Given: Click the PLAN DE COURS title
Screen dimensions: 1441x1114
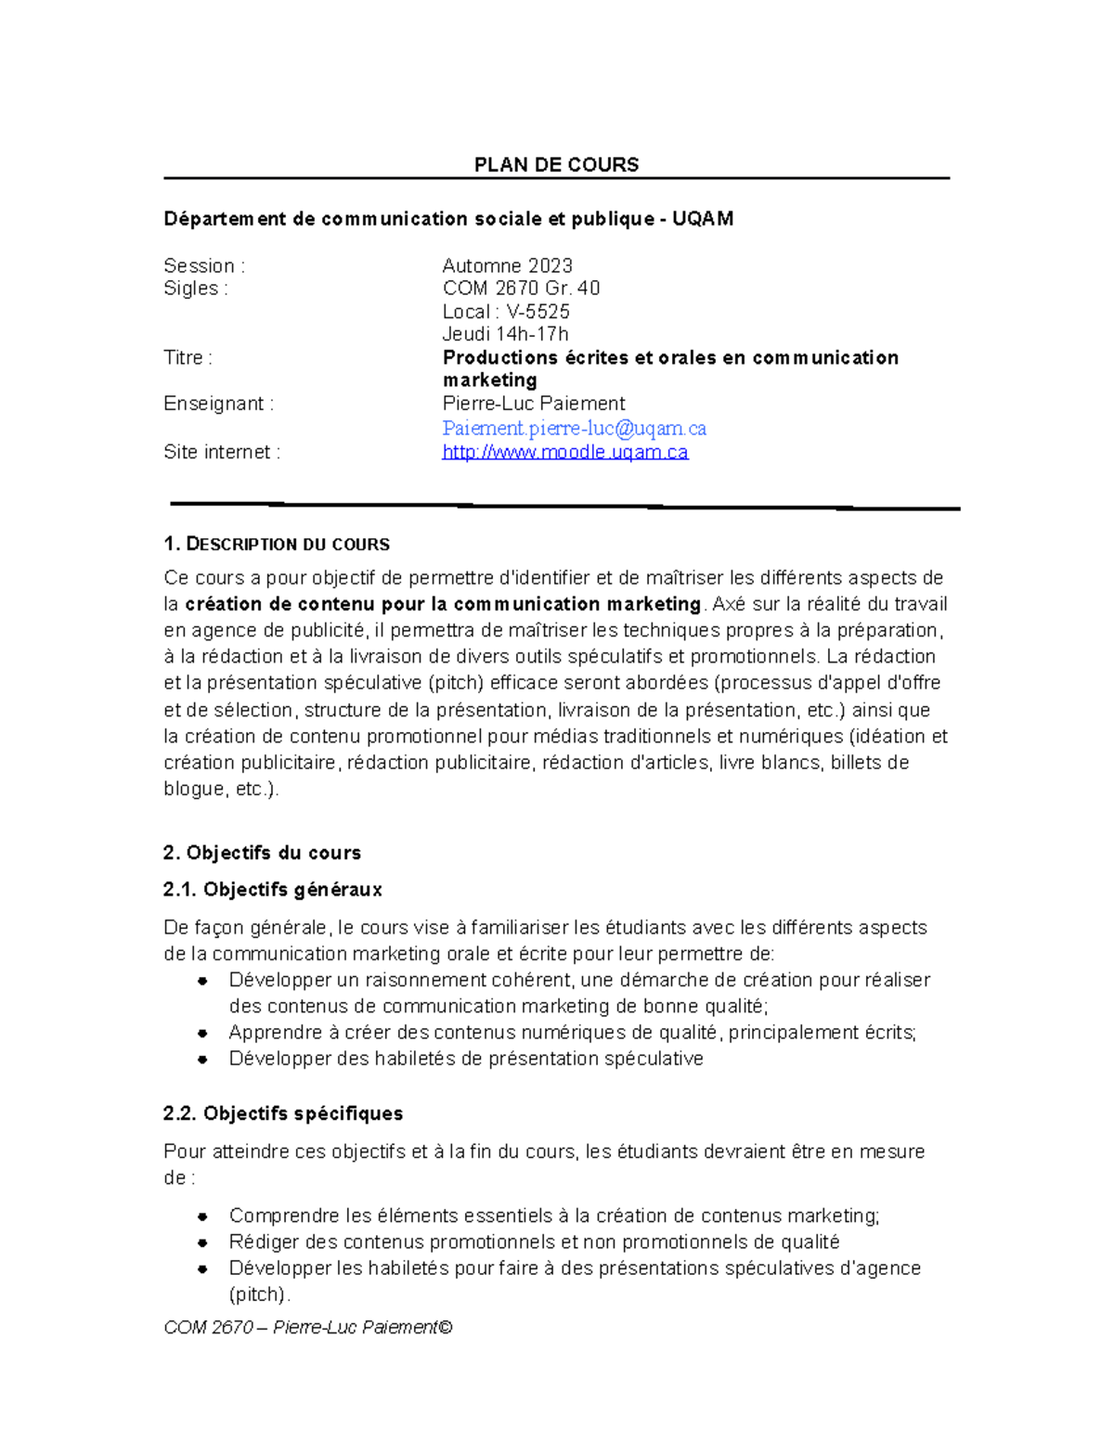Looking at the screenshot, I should click(556, 165).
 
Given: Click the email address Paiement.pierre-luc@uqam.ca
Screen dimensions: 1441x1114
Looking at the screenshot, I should click(574, 429).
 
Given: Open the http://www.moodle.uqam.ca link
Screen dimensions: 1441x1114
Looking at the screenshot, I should click(564, 453).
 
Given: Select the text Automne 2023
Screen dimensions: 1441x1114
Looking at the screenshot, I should click(507, 265).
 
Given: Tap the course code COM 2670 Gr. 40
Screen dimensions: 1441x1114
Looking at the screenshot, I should click(521, 289).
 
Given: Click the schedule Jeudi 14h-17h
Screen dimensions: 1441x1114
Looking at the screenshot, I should click(505, 334).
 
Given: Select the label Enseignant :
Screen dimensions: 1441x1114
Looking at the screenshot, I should click(218, 404).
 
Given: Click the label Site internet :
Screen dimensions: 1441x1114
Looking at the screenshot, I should click(221, 453).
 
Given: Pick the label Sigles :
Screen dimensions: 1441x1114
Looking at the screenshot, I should click(195, 289).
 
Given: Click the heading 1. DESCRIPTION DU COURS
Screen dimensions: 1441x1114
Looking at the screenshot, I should click(276, 545).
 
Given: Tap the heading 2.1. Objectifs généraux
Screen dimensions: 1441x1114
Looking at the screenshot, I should click(272, 890).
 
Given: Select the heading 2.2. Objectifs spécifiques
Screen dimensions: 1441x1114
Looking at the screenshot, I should click(282, 1113).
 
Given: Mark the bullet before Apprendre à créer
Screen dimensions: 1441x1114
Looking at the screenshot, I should click(201, 1033).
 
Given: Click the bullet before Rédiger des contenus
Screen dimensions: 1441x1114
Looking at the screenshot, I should click(201, 1242).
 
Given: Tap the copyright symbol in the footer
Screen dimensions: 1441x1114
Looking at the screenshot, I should click(446, 1328).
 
